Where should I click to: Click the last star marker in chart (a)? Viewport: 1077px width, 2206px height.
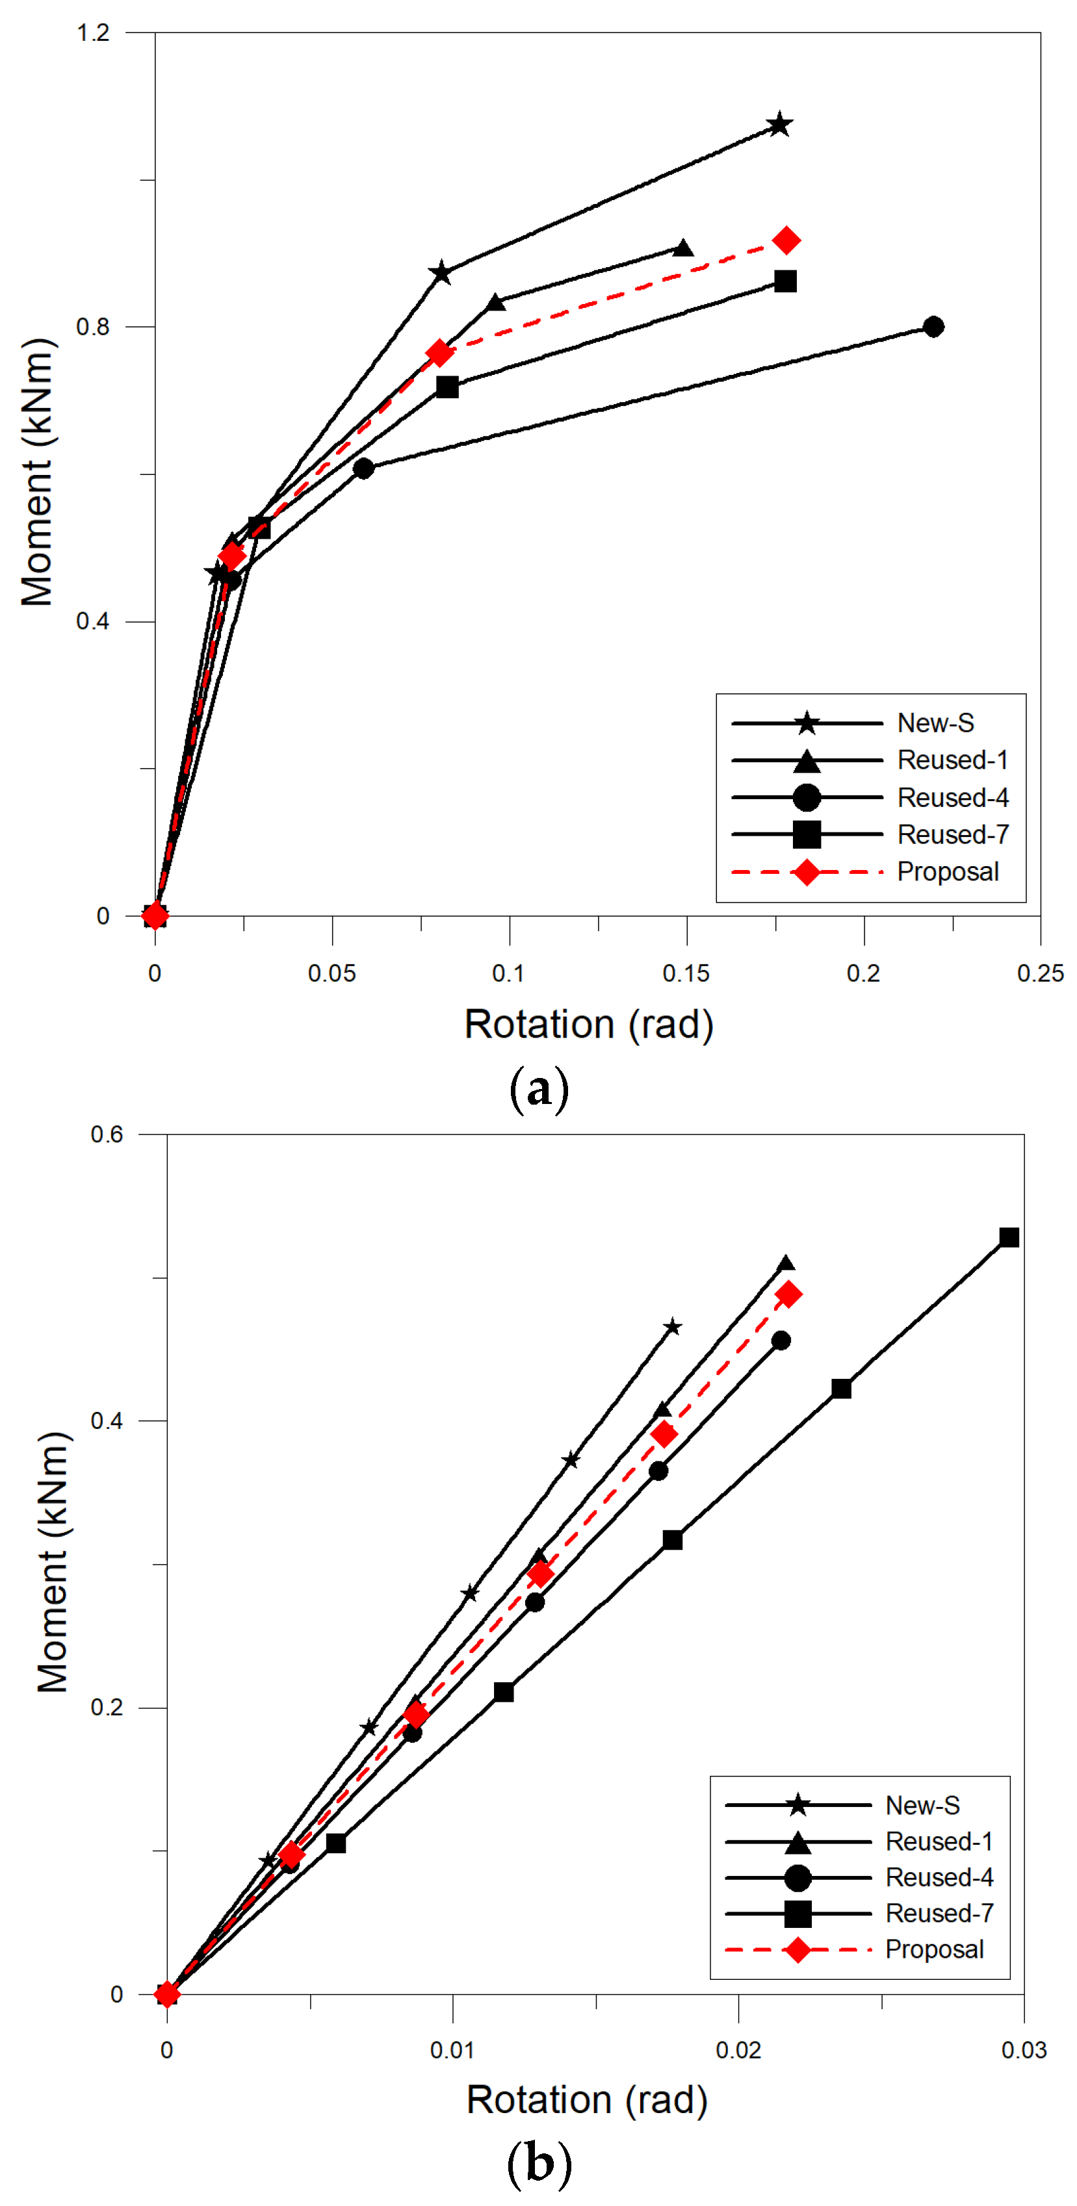[779, 125]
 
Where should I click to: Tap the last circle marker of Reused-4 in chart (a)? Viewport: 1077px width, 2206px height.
[934, 327]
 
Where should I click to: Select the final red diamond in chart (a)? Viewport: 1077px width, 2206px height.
[786, 242]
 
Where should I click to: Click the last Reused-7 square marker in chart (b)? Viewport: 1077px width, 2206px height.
[1009, 1237]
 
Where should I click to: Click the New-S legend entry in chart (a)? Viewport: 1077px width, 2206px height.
[935, 724]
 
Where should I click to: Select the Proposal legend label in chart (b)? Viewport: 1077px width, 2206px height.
[934, 1949]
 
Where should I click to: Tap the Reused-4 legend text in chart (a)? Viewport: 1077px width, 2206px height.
[952, 798]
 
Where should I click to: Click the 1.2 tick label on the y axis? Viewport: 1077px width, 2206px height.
[94, 32]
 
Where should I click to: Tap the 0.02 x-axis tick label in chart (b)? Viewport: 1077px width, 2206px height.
[738, 2050]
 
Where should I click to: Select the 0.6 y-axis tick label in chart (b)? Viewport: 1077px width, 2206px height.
[107, 1135]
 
